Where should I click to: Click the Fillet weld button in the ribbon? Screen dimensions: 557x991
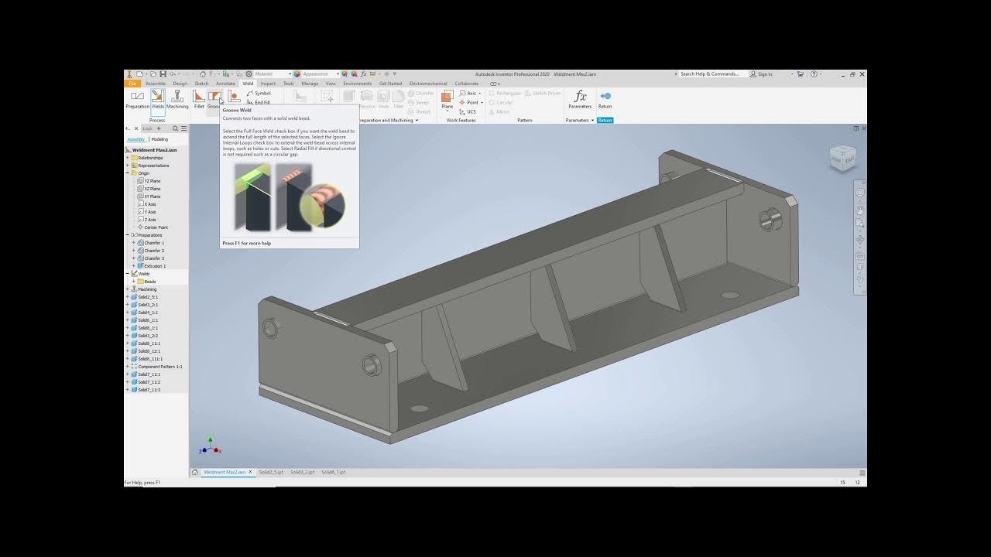[x=199, y=98]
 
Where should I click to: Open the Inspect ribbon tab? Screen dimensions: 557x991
[x=268, y=84]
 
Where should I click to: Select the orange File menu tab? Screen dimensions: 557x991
[x=132, y=84]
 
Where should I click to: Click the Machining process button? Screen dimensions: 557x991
[x=177, y=98]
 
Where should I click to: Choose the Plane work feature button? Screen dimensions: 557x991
[x=447, y=98]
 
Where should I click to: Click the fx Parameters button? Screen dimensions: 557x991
[x=580, y=98]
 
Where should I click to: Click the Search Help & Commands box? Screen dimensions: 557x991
[x=709, y=74]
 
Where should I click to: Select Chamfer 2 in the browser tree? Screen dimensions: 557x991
[x=153, y=251]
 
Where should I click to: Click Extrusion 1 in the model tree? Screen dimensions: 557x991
[x=154, y=266]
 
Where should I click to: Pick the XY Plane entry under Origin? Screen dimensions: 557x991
[x=152, y=196]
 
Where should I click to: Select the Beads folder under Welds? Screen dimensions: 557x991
[x=149, y=282]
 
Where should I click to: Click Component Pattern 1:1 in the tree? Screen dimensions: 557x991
[x=159, y=367]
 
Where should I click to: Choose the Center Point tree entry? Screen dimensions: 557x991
[x=156, y=227]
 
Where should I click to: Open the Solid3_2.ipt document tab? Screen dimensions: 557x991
[x=302, y=472]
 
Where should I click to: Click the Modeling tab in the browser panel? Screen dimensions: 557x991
[x=159, y=139]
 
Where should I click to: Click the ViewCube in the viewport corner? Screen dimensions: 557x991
[x=842, y=158]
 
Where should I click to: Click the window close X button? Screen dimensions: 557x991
[x=862, y=74]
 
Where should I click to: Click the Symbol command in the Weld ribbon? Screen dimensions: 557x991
[x=262, y=94]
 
